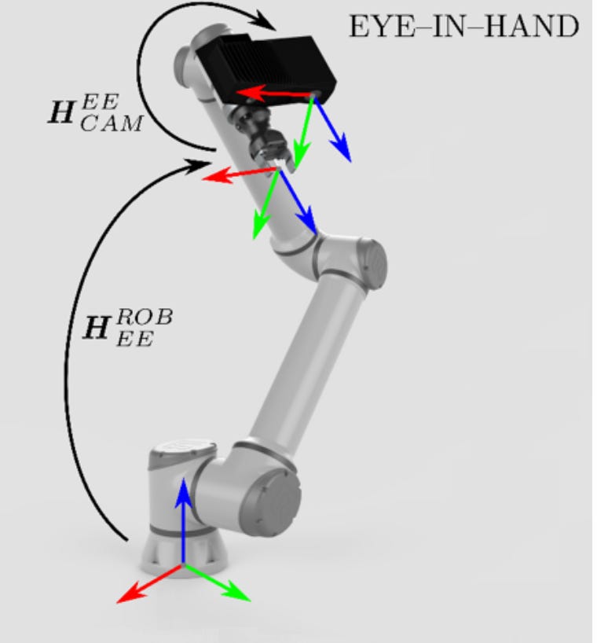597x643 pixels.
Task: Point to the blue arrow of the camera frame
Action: [x=334, y=130]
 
